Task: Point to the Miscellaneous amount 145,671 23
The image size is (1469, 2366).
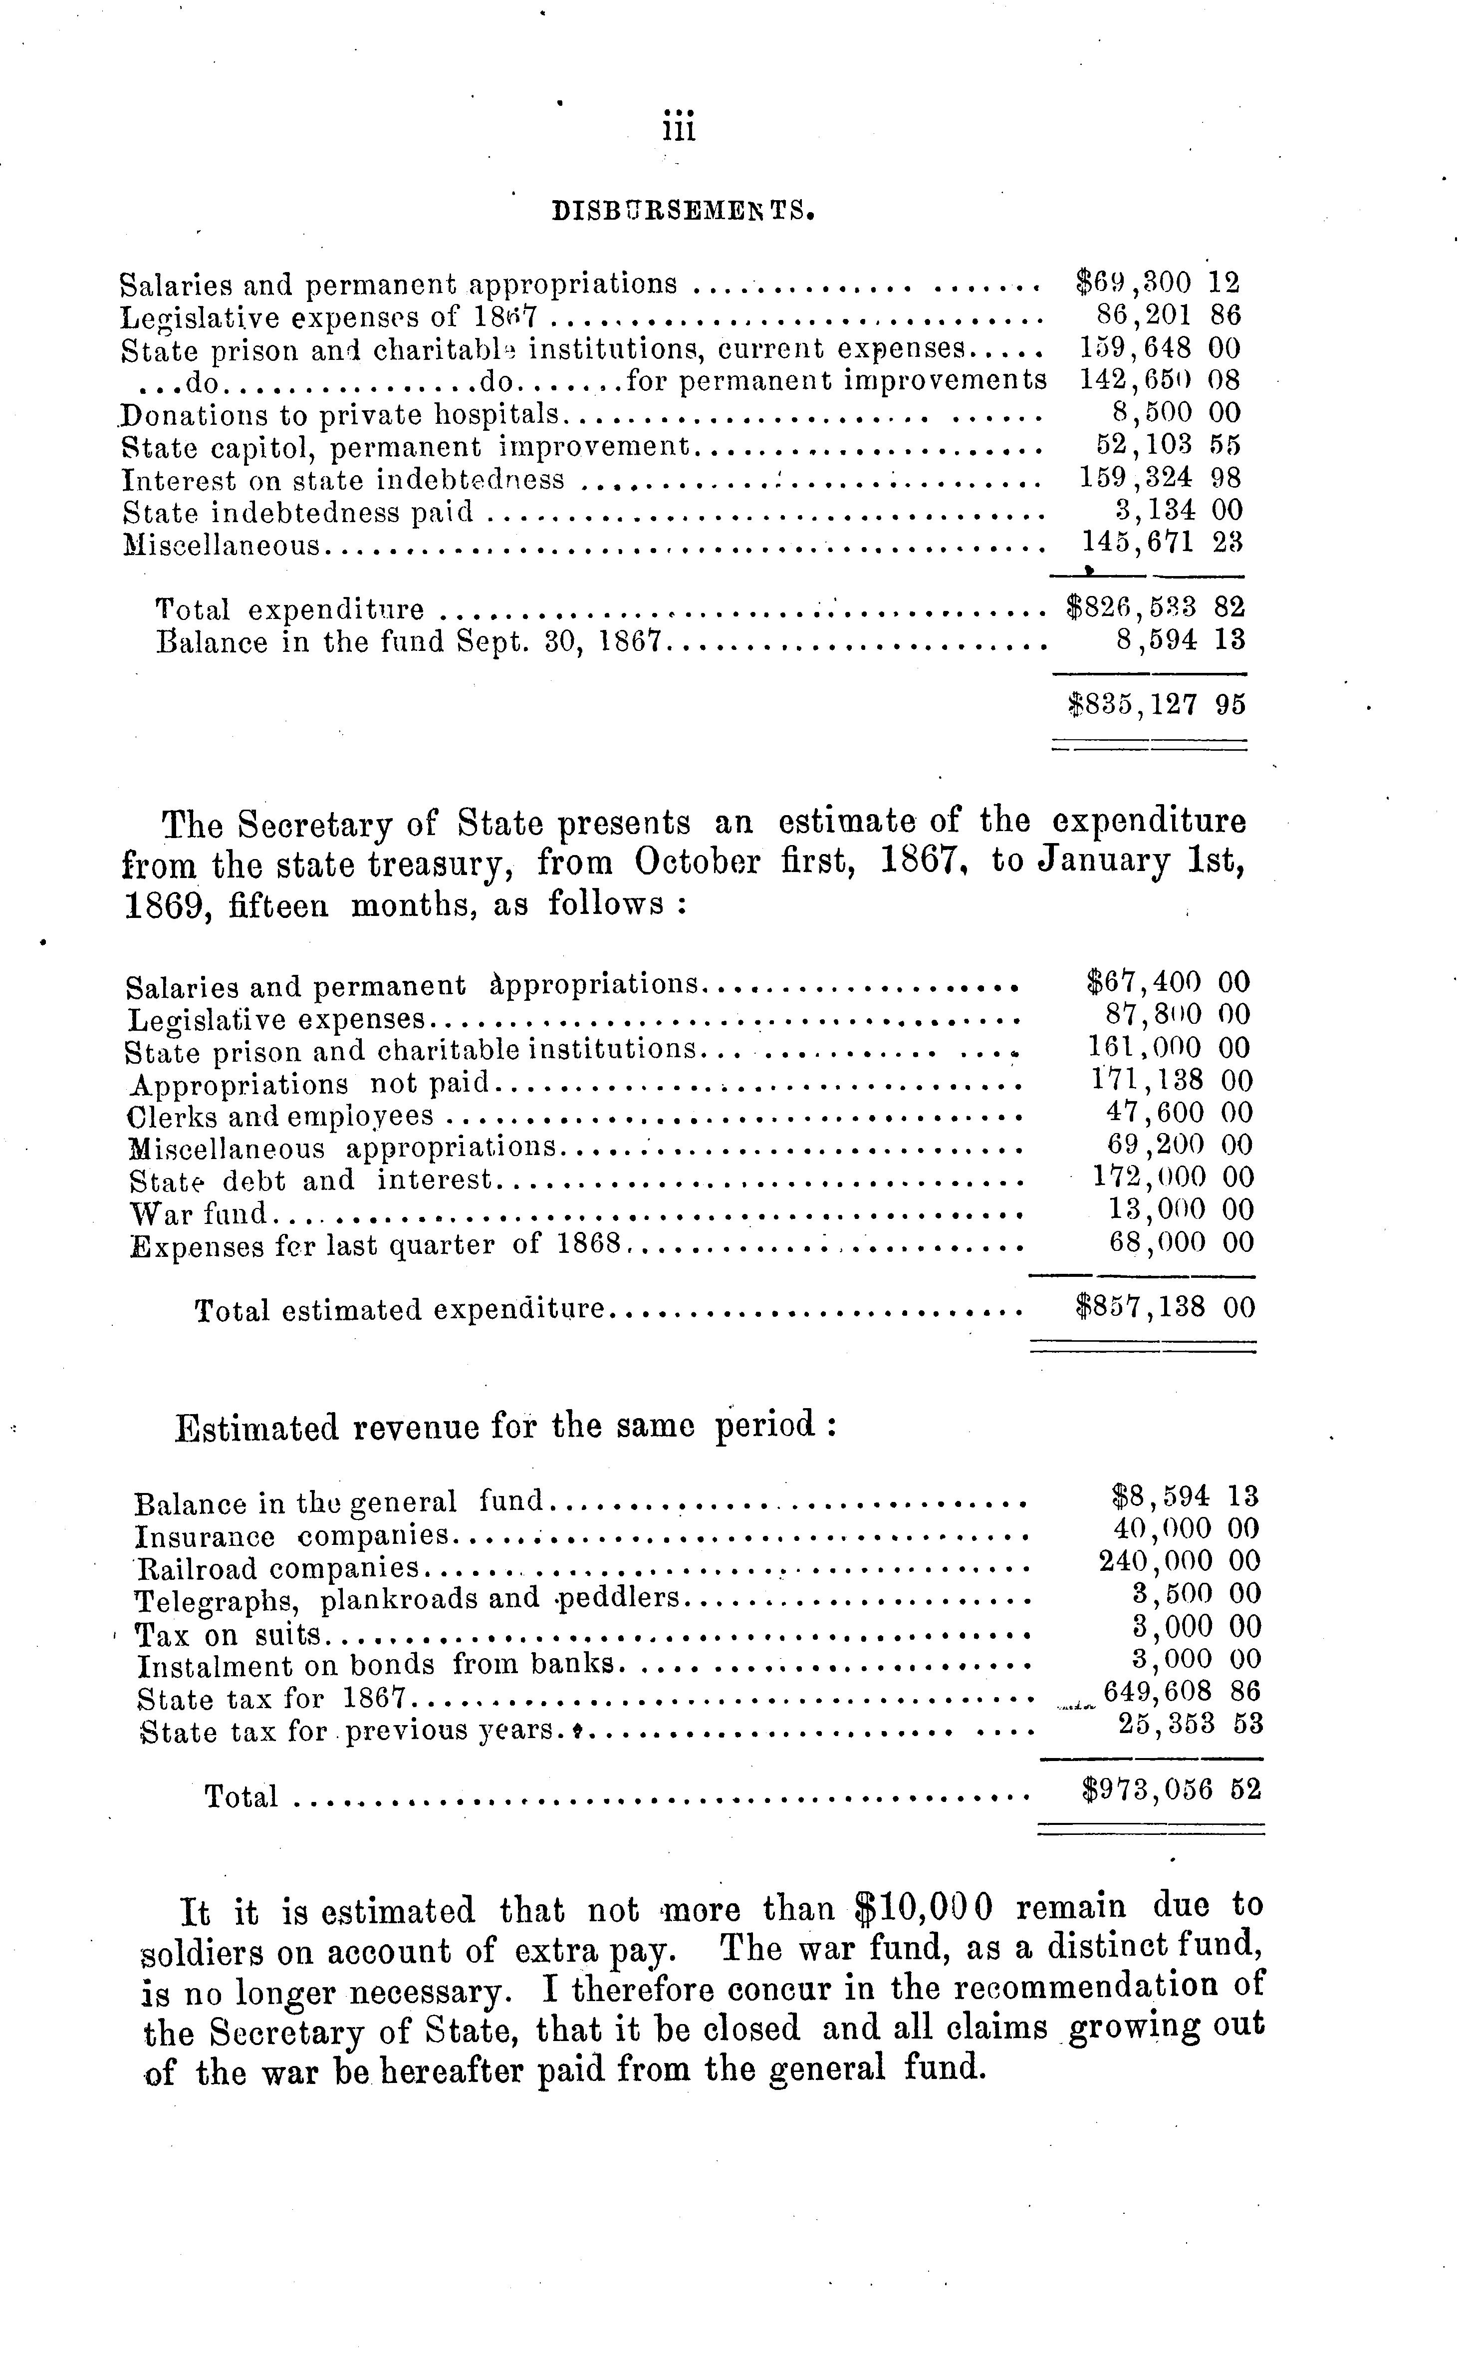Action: [1162, 542]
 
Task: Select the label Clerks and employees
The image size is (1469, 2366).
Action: [281, 1117]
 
